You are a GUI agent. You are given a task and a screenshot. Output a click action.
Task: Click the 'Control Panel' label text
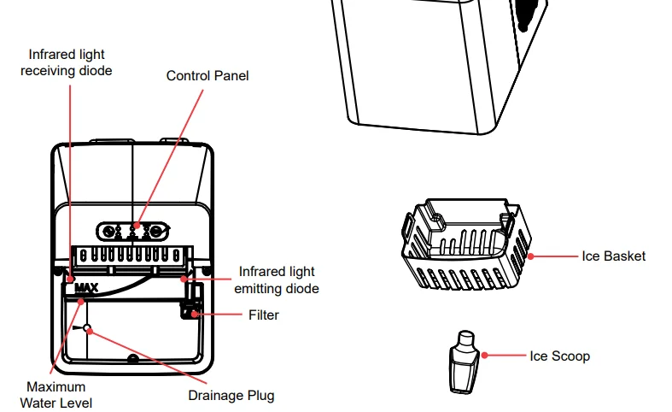[x=207, y=76]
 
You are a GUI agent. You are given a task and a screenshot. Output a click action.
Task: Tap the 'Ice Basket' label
[x=613, y=256]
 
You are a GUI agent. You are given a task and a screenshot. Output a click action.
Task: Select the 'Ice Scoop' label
[x=559, y=356]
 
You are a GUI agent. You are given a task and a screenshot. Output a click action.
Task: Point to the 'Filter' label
[x=263, y=315]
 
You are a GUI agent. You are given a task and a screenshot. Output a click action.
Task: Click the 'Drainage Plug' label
[x=231, y=396]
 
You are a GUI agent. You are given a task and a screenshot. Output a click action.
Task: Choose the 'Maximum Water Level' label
[x=56, y=394]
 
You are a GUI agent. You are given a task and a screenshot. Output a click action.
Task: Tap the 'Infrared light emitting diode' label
[x=277, y=280]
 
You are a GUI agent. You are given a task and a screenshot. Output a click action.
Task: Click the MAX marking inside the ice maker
[x=85, y=289]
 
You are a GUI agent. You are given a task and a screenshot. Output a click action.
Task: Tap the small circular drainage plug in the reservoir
[x=87, y=327]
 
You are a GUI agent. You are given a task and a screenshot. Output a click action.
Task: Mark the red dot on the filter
[x=196, y=315]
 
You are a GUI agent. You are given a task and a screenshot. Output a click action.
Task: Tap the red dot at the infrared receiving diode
[x=70, y=278]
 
